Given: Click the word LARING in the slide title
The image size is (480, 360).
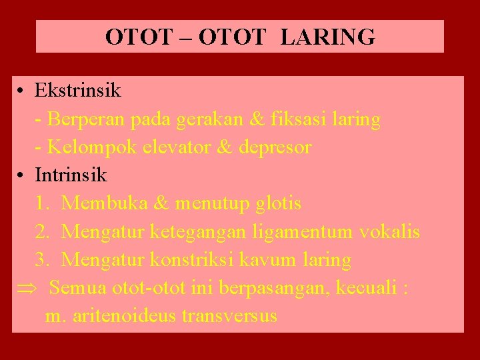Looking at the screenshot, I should tap(328, 37).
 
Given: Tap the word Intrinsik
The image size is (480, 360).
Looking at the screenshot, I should tap(71, 175).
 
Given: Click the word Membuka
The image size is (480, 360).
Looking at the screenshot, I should tap(109, 203).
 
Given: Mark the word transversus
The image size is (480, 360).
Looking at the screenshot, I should tap(229, 315).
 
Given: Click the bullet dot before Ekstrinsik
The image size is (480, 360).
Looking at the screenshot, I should tap(22, 90).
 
